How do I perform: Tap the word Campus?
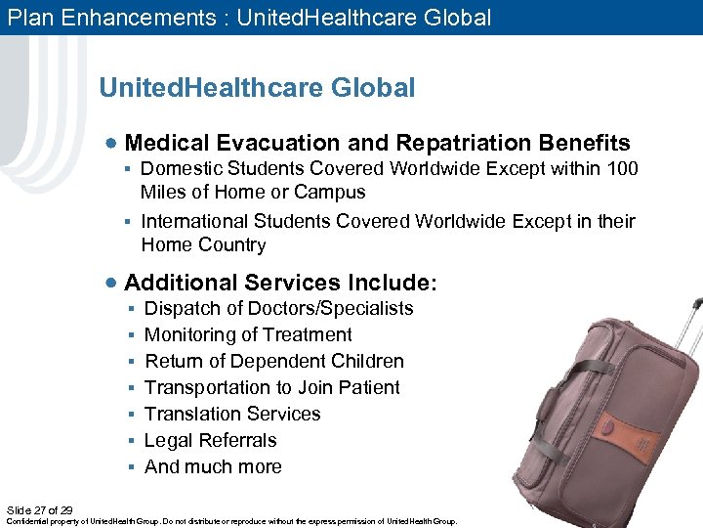click(330, 193)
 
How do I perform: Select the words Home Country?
click(203, 245)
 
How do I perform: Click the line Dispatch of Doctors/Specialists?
click(278, 309)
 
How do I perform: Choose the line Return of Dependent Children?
click(273, 362)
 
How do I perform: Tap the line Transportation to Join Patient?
click(271, 388)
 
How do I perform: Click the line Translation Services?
click(232, 415)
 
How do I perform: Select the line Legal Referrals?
click(210, 441)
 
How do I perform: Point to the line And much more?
click(213, 467)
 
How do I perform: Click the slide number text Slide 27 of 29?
click(39, 510)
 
